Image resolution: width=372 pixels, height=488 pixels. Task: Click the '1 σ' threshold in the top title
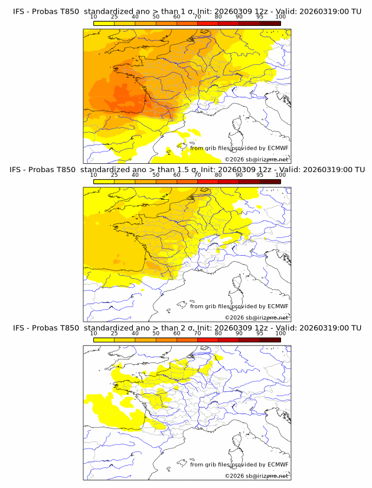pos(189,12)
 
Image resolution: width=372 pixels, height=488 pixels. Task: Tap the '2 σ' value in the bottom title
pos(189,328)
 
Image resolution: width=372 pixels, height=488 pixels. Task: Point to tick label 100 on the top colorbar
pos(280,17)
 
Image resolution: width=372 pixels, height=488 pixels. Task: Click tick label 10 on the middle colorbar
pos(93,175)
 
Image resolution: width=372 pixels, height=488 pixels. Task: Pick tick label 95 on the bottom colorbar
pos(260,333)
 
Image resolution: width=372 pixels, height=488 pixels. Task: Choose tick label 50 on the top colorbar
pos(156,17)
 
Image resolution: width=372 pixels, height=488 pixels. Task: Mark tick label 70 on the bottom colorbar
pos(197,333)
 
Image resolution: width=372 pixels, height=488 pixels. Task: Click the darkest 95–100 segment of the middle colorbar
pos(270,181)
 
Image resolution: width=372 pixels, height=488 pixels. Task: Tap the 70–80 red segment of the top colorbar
pos(207,23)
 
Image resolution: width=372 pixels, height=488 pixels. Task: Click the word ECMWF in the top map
pos(278,149)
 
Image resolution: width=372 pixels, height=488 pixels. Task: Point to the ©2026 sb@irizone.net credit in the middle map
pos(256,317)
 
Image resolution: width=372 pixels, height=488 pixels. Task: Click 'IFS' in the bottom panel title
pos(19,328)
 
